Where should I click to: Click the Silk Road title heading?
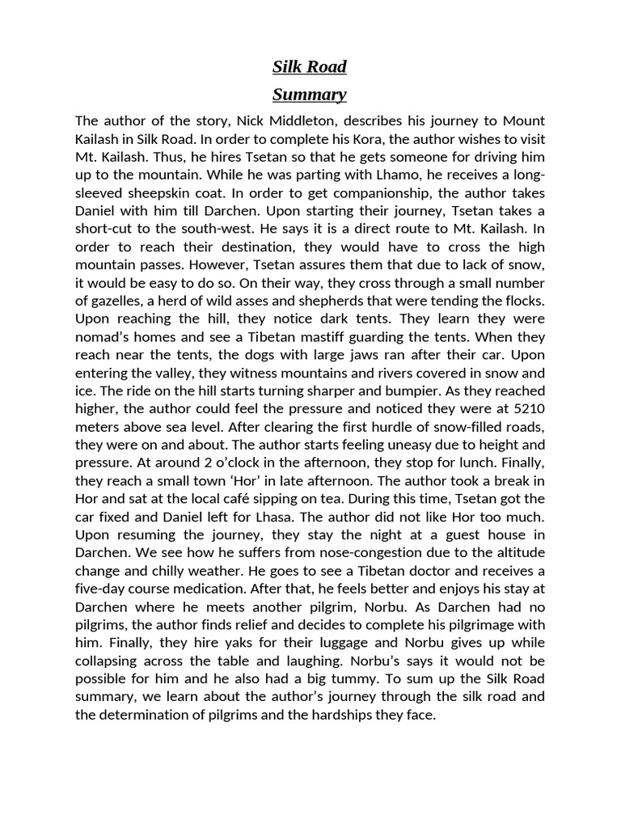[310, 66]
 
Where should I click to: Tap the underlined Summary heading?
[310, 95]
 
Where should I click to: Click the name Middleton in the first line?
[313, 120]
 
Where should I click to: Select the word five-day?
[102, 589]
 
